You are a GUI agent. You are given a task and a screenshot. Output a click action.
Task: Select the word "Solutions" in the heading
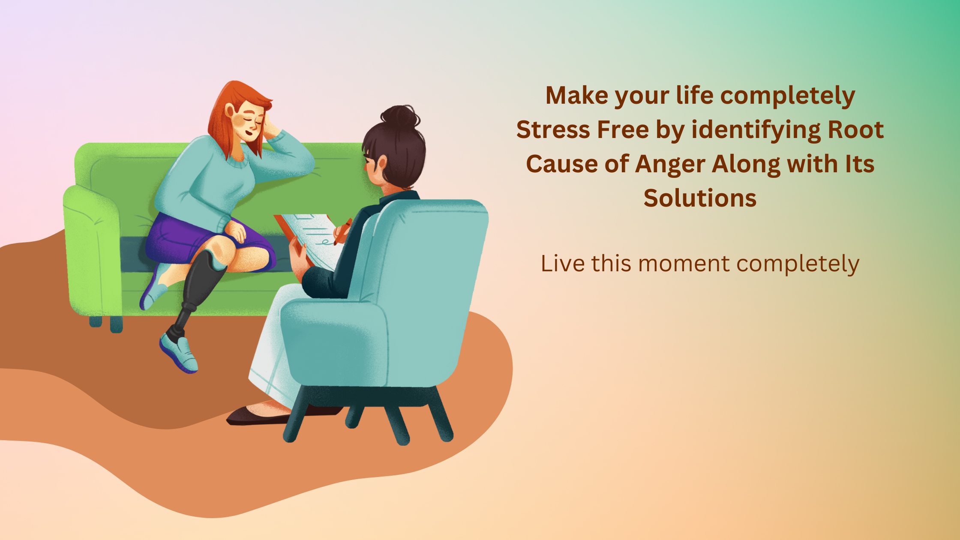point(700,198)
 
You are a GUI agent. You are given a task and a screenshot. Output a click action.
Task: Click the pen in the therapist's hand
point(343,231)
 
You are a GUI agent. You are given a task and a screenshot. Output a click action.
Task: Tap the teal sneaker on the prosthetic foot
point(180,352)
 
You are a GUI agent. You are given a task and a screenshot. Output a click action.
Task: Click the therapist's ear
point(381,163)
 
